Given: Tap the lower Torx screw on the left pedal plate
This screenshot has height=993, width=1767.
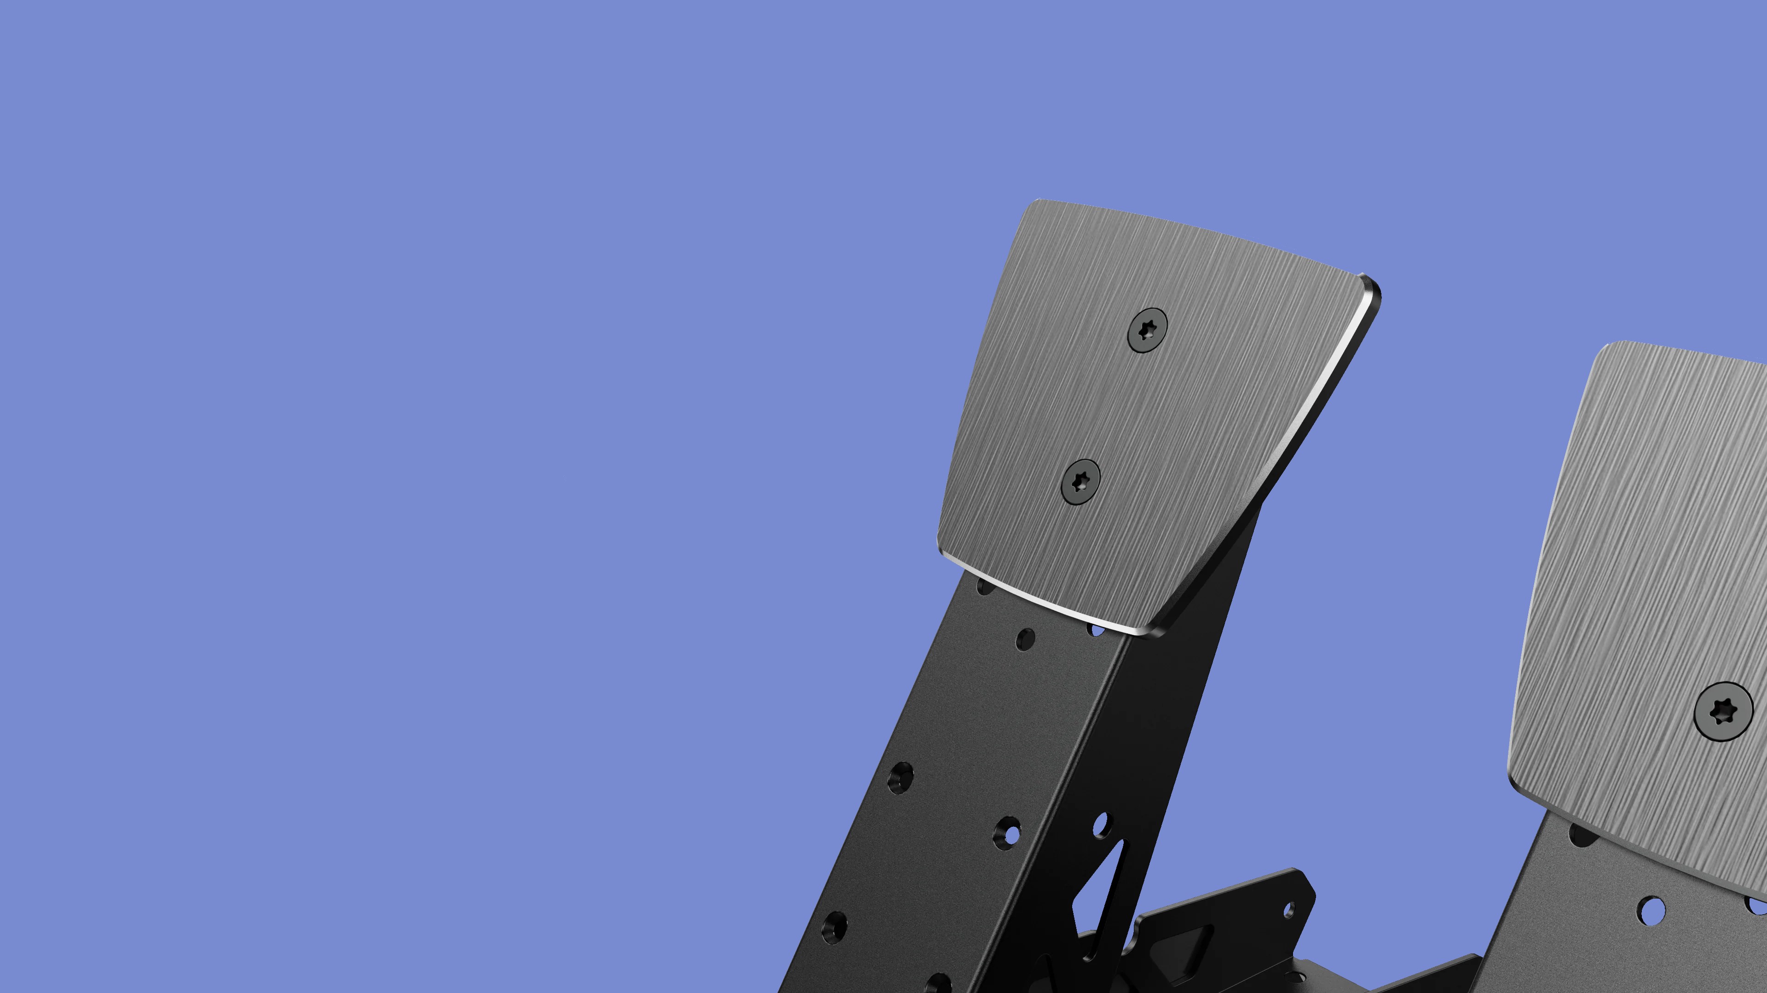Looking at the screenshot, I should pyautogui.click(x=1081, y=482).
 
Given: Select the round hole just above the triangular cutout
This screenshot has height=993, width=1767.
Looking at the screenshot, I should pyautogui.click(x=1101, y=824).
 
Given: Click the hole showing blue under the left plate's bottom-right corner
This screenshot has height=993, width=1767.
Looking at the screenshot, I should pyautogui.click(x=1096, y=629).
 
